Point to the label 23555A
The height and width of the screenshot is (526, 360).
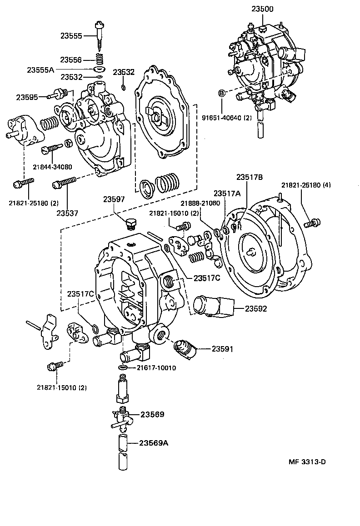click(40, 69)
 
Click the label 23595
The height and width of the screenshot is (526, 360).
click(28, 97)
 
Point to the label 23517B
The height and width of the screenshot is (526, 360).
click(250, 177)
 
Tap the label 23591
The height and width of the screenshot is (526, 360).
click(222, 349)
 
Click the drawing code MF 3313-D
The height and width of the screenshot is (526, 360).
click(307, 462)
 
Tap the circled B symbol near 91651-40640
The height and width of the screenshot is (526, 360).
click(222, 93)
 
